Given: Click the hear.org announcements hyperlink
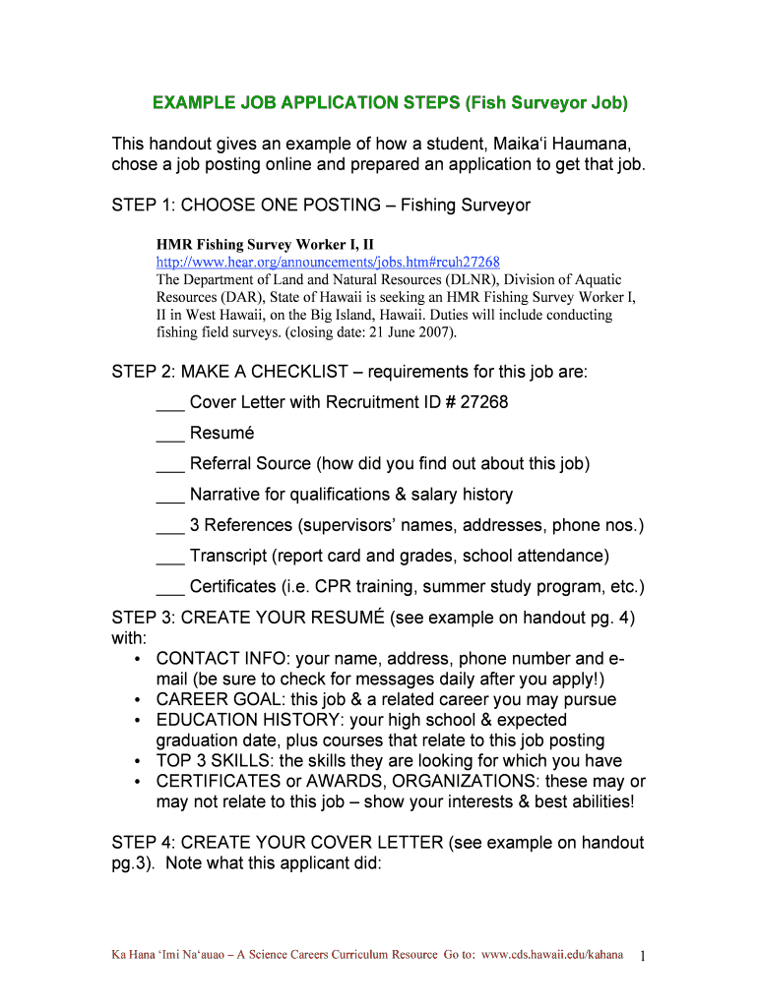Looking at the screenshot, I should click(x=328, y=262).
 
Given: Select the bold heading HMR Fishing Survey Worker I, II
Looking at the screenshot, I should click(x=265, y=244).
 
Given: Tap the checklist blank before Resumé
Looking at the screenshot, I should click(x=169, y=434).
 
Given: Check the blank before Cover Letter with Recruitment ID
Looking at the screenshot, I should click(x=169, y=403).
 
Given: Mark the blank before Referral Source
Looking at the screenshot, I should click(x=169, y=464).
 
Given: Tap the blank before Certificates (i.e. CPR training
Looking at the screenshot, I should click(x=169, y=587).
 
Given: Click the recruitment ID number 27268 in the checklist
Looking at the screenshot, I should click(x=483, y=402).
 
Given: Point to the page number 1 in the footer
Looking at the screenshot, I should click(x=642, y=956).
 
